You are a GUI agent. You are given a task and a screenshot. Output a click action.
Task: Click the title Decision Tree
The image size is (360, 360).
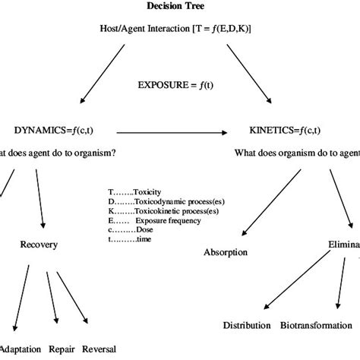[x=181, y=8]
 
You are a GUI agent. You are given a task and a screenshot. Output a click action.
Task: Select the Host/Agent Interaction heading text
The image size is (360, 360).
[x=180, y=28]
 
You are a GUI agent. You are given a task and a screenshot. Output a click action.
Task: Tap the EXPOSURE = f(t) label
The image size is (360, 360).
[x=180, y=85]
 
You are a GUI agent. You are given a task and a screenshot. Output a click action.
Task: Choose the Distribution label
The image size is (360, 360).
[x=246, y=325]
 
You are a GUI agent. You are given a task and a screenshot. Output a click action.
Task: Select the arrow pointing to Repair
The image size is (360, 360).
[x=55, y=300]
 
